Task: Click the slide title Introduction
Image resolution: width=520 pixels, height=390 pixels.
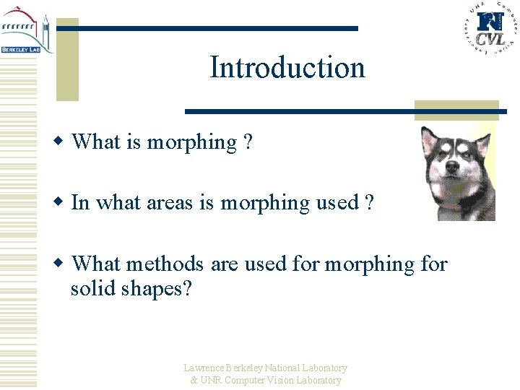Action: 287,67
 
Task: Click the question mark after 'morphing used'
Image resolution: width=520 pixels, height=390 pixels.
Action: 369,203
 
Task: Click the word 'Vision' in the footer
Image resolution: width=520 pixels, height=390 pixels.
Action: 280,380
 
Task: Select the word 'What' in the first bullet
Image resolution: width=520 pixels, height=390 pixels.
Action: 96,142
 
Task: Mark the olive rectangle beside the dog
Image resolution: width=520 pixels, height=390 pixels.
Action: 456,110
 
